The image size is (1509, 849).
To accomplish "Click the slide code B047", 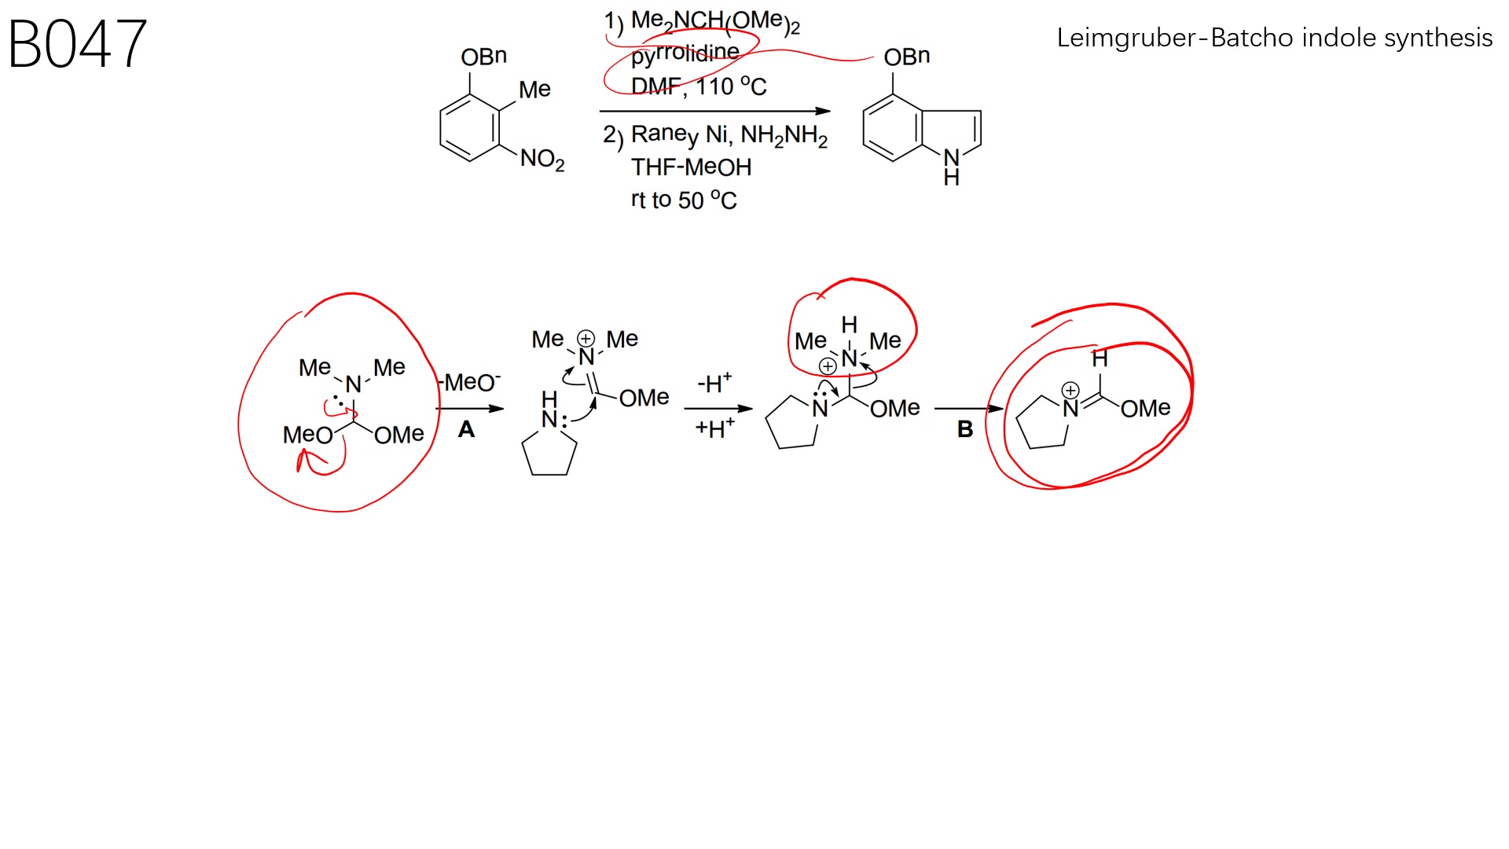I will click(x=77, y=44).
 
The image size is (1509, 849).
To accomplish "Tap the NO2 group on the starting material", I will click(x=542, y=160).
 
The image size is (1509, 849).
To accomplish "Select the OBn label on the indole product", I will click(x=906, y=57).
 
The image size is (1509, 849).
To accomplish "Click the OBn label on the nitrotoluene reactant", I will click(x=483, y=57).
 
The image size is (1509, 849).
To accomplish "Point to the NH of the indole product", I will click(x=952, y=166).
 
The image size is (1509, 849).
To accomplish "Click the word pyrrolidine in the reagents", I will click(x=685, y=53).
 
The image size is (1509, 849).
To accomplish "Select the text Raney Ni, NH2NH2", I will click(x=729, y=135).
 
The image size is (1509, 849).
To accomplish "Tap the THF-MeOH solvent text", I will click(x=691, y=167).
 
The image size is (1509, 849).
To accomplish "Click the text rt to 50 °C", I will click(x=684, y=200).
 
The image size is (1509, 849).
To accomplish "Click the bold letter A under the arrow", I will click(x=466, y=429).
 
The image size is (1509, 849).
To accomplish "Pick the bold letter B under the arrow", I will click(x=965, y=429).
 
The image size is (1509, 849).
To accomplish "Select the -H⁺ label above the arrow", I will click(x=714, y=383).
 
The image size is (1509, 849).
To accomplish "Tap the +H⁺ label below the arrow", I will click(x=714, y=428).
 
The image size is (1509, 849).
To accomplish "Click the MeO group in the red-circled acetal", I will click(x=307, y=435).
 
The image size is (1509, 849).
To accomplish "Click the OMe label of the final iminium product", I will click(x=1145, y=408).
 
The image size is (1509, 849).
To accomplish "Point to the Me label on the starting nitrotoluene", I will click(x=534, y=90).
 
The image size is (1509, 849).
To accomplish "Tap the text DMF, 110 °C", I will click(x=699, y=86).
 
